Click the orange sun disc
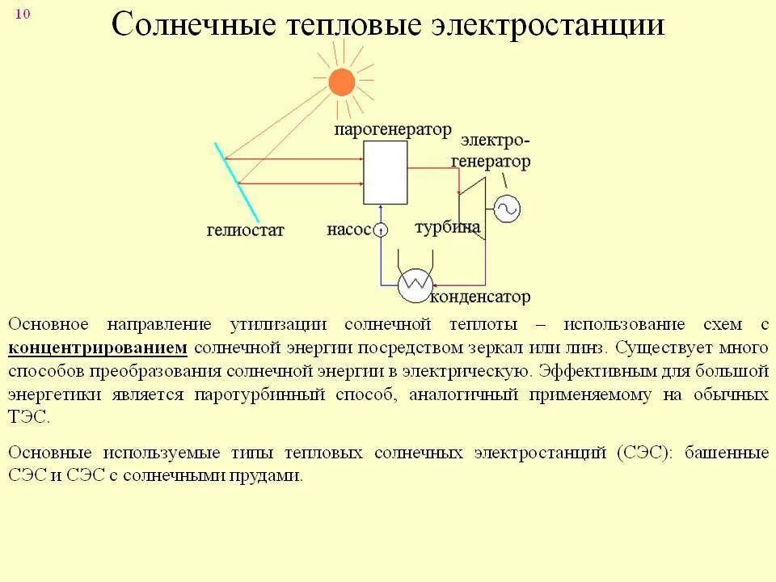342,82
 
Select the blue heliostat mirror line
236,182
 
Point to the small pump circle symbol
381,230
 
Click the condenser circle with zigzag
415,284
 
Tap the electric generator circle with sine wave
507,209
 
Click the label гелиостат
245,230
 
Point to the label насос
348,230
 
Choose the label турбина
447,226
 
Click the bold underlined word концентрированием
98,348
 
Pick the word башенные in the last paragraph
727,453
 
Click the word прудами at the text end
269,475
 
